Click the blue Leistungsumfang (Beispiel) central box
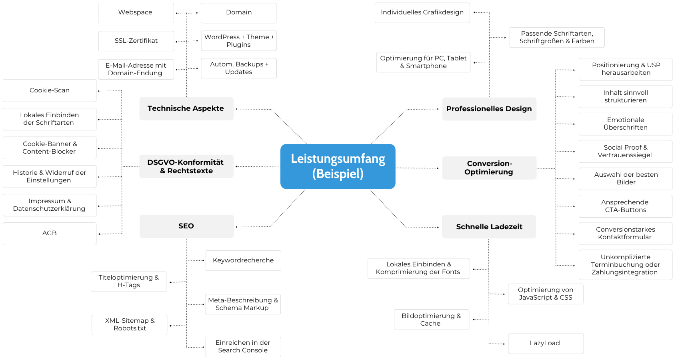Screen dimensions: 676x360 338,166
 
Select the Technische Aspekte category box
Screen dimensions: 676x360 186,109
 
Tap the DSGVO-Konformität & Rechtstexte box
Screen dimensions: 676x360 186,166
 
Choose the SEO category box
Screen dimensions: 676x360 186,226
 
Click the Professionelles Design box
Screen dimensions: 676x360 489,109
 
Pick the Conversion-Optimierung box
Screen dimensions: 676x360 489,168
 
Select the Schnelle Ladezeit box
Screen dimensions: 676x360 489,227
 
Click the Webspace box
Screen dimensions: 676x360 136,13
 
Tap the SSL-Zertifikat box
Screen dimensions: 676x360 136,41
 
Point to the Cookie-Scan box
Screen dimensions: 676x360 50,90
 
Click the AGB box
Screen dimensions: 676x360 50,234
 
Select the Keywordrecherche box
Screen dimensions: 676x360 243,260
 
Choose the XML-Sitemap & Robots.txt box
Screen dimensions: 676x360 130,325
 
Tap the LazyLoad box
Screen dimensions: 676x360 546,344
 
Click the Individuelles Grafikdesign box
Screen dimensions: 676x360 422,13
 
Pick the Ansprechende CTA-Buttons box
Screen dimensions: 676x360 626,206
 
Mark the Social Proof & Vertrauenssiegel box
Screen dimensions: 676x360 626,152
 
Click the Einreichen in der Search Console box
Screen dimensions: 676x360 243,347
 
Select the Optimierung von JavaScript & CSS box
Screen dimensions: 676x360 546,294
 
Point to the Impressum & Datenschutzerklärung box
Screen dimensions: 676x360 50,205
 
